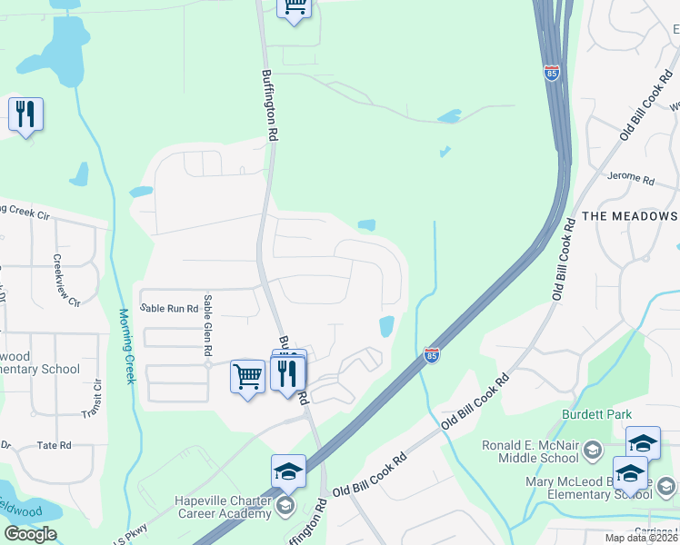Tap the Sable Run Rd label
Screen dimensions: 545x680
[169, 309]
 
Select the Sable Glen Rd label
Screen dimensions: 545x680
[208, 325]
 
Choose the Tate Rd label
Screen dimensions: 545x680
[54, 446]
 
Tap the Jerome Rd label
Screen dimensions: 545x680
[631, 178]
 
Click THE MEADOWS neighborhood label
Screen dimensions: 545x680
[629, 216]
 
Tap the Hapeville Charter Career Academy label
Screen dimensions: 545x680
[223, 508]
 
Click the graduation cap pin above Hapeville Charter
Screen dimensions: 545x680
[288, 471]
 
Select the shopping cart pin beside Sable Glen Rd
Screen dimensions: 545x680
[247, 374]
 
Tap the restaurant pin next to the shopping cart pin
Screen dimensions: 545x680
[288, 372]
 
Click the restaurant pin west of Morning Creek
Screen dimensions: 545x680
[25, 114]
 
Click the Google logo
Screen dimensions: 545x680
[30, 534]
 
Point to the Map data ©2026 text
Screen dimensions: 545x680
[644, 537]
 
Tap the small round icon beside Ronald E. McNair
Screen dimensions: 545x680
[592, 451]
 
